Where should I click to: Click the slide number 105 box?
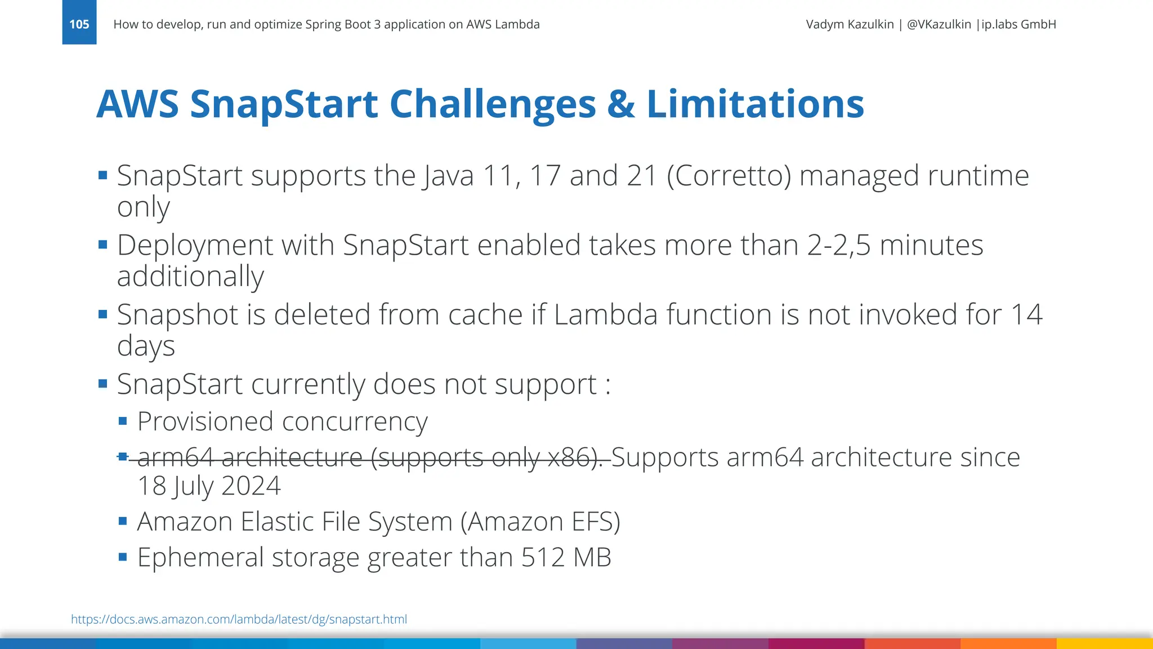(79, 23)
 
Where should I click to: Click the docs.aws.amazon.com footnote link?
(239, 619)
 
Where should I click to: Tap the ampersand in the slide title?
(621, 104)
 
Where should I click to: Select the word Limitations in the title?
(755, 104)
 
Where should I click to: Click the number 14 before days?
(1026, 314)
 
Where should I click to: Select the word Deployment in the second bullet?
(194, 246)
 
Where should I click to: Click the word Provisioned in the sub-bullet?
(208, 421)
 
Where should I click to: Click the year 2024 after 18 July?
(251, 486)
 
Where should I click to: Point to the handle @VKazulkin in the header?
(939, 24)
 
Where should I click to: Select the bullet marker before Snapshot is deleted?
(102, 314)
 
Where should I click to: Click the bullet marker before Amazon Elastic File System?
(123, 521)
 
